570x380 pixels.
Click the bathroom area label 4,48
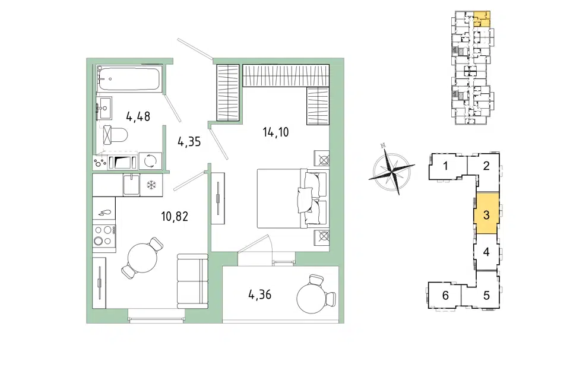click(x=138, y=117)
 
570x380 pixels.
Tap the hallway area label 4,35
click(x=189, y=141)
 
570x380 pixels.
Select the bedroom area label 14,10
click(x=276, y=132)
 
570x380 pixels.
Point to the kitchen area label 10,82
click(x=175, y=217)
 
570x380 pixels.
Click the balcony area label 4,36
click(x=259, y=294)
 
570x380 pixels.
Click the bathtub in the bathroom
click(x=129, y=78)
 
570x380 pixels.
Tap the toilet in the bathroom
click(x=115, y=135)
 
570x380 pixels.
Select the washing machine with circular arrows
click(x=150, y=160)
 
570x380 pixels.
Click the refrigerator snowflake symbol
click(x=151, y=185)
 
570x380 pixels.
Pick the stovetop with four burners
click(x=104, y=236)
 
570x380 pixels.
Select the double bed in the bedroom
click(x=293, y=198)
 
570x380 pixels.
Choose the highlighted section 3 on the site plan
click(x=486, y=214)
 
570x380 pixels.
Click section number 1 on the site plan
click(x=446, y=166)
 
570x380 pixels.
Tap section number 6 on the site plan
click(x=446, y=295)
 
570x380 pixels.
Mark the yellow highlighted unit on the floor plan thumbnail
click(x=482, y=19)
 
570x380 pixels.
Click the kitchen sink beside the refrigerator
click(x=131, y=185)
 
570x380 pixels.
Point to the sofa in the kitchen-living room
click(x=192, y=281)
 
